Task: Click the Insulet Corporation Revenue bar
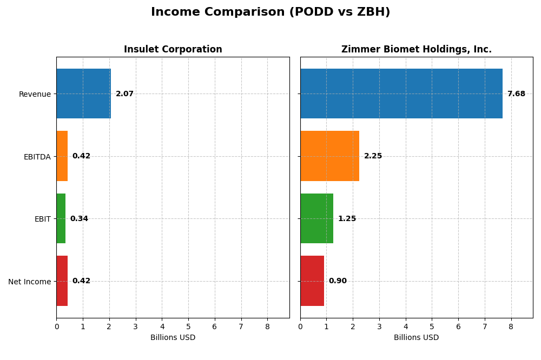83,94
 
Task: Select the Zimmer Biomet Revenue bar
401,94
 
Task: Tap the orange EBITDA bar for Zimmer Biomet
329,156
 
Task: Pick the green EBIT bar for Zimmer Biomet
316,218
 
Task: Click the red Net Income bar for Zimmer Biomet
312,281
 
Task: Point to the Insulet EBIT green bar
61,218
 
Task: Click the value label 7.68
516,94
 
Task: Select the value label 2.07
124,94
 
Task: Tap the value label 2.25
373,156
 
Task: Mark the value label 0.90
338,281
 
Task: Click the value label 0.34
79,219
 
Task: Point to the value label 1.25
347,219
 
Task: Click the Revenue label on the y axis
35,95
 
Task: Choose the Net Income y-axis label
29,282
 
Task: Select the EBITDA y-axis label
37,157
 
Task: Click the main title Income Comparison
270,12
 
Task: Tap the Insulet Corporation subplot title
173,50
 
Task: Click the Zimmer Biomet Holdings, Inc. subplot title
416,50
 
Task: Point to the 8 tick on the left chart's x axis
267,326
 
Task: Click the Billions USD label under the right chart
416,338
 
